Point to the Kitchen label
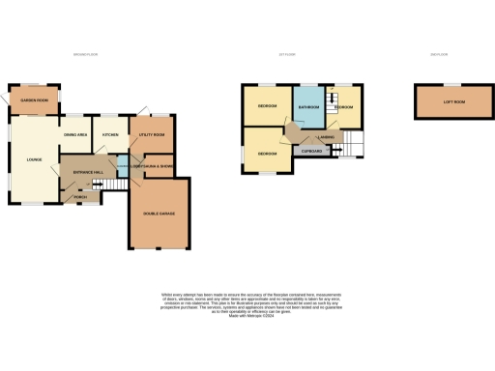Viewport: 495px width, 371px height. (x=110, y=136)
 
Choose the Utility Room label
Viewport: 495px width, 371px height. (x=153, y=136)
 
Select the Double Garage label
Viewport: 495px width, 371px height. (x=159, y=214)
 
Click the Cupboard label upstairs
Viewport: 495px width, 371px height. (x=311, y=151)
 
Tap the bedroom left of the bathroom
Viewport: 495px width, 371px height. (x=268, y=105)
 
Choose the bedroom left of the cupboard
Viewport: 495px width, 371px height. (x=268, y=153)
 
